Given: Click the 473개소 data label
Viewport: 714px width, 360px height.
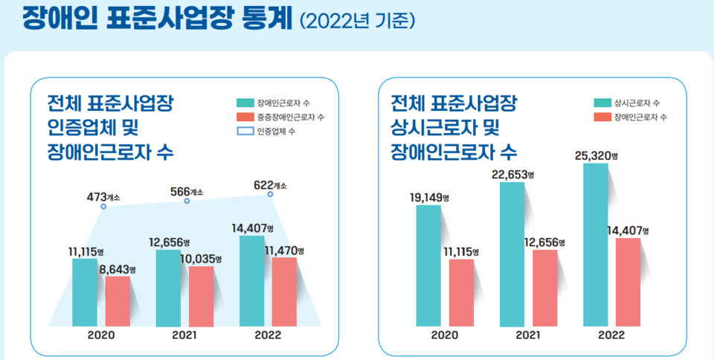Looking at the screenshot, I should point(103,197).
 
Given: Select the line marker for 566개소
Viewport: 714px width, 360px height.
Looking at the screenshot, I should point(187,202).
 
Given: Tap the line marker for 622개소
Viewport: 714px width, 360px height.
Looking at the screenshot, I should point(271,195).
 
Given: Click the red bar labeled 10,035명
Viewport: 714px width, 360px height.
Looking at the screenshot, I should point(202,296).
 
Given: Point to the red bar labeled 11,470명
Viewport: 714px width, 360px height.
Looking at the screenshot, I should point(285,292).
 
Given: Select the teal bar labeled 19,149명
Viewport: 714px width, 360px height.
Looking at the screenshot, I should point(428,266).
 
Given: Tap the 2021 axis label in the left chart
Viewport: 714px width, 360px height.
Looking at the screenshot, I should point(184,335).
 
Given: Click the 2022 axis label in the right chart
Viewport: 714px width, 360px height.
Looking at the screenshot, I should point(611,335).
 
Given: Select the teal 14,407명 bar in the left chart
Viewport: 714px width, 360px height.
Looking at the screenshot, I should point(252,281).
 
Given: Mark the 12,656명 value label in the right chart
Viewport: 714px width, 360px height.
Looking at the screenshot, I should point(544,242).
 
